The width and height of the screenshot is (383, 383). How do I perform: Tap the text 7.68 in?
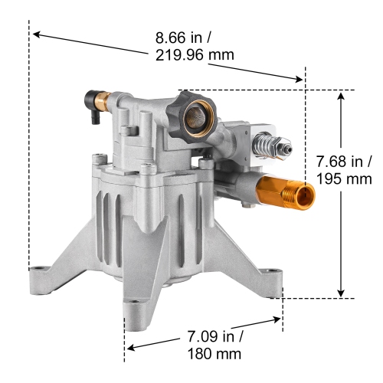(345, 162)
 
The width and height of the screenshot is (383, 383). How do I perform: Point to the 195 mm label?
(345, 179)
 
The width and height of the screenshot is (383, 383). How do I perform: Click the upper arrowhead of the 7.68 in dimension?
(341, 95)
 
